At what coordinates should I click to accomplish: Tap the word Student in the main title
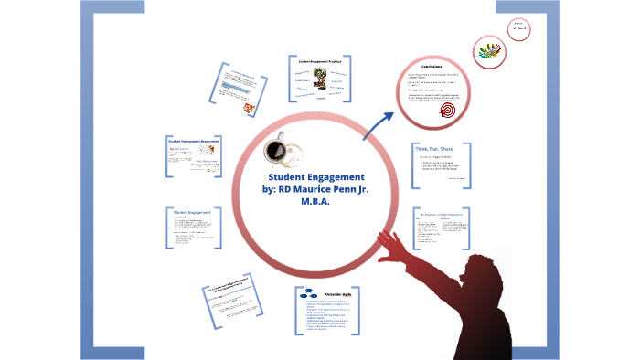click(x=290, y=176)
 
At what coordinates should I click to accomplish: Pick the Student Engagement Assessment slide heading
click(x=192, y=141)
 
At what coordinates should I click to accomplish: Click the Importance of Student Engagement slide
click(x=441, y=228)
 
